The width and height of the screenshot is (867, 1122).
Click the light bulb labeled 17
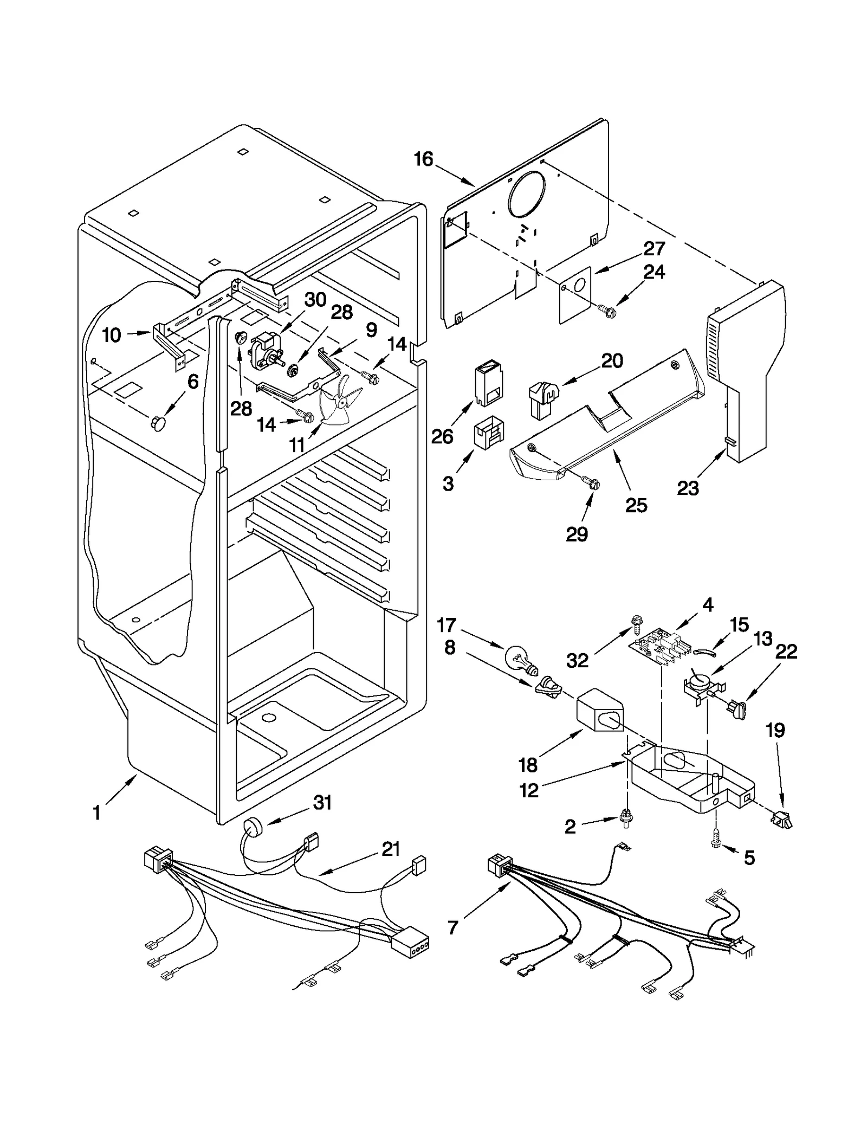point(517,658)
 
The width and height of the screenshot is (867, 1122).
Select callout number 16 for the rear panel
point(423,159)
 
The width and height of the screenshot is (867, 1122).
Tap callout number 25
point(636,505)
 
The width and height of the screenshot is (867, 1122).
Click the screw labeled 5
point(715,842)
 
